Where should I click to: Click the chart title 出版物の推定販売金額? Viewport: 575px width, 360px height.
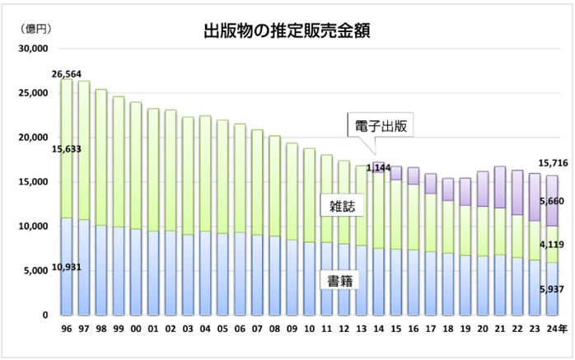coord(287,31)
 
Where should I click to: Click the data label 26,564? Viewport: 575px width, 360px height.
coord(66,74)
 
